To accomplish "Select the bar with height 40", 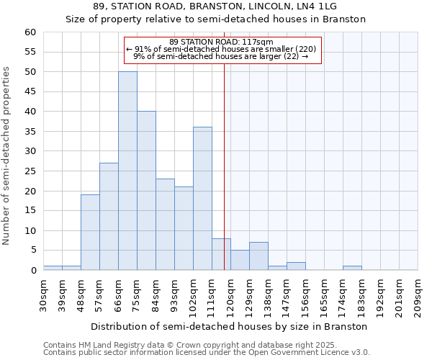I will [x=146, y=191].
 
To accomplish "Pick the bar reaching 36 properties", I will [x=202, y=199].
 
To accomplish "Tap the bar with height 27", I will [x=109, y=216].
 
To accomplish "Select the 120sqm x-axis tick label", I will [x=231, y=294].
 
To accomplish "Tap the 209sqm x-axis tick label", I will [x=418, y=294].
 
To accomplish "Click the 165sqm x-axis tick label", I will [x=325, y=294].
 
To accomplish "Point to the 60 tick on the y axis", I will [x=30, y=32].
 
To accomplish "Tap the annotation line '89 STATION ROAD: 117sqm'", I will [x=222, y=42].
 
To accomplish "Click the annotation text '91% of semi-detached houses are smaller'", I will [x=222, y=49].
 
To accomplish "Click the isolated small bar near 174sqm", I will [x=352, y=268].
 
